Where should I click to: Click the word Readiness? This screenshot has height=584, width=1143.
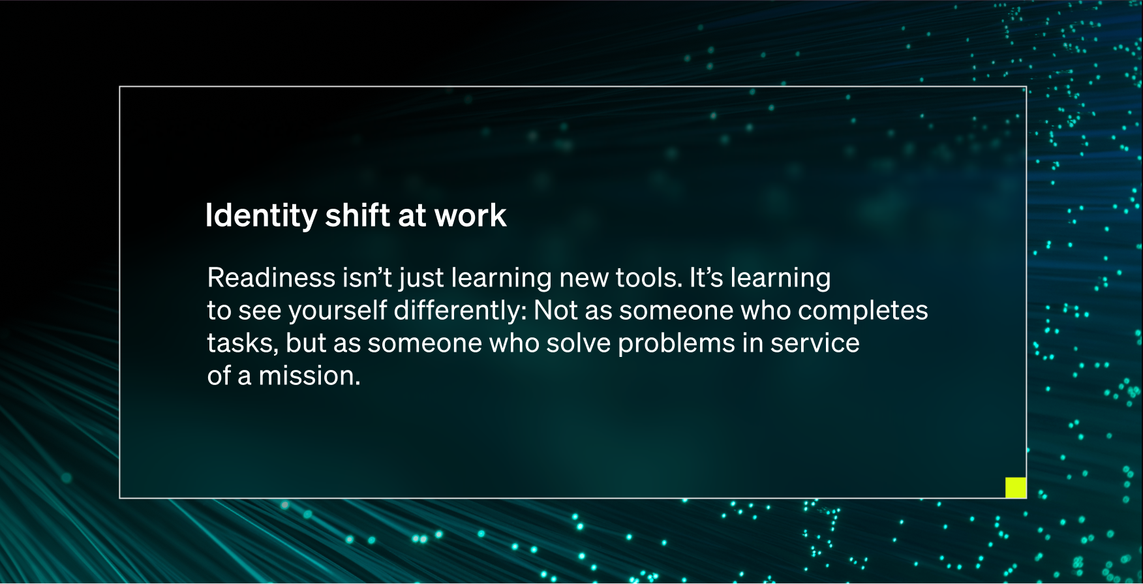271,278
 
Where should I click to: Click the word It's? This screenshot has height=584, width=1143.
707,278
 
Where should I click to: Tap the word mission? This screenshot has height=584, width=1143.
309,376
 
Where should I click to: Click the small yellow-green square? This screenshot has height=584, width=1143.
1016,487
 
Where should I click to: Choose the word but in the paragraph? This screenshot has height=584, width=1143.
306,343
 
